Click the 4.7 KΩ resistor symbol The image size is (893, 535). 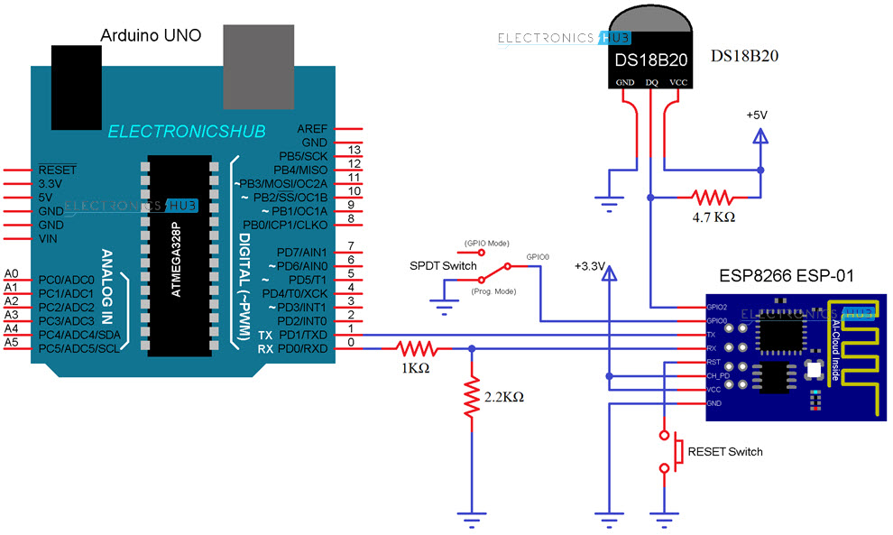(x=713, y=196)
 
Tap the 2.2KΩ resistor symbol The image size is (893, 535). (x=470, y=398)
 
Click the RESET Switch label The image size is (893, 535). (x=724, y=451)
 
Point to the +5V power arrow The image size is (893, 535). (x=760, y=137)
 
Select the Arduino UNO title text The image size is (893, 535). (x=150, y=35)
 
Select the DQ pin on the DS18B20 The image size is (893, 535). (x=651, y=83)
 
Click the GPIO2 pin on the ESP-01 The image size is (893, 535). (x=717, y=308)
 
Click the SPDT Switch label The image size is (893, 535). (x=442, y=267)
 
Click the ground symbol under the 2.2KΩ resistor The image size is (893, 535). (x=470, y=518)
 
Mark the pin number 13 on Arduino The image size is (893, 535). (x=354, y=150)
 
